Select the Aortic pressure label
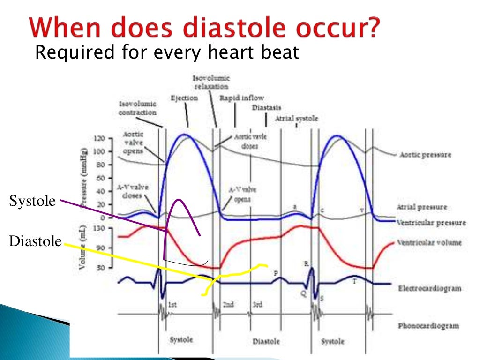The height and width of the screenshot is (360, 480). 425,155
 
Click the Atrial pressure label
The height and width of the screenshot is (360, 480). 421,207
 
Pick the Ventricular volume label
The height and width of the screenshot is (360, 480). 428,242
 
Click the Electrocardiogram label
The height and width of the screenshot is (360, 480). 428,288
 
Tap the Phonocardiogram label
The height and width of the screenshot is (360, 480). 427,325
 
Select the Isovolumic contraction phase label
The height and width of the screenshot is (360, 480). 137,109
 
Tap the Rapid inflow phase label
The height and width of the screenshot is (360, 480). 241,97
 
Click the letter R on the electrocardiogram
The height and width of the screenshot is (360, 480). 306,263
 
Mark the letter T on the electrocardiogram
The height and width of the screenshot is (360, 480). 354,281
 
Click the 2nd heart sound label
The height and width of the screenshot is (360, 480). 228,305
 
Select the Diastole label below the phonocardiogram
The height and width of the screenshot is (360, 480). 266,341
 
